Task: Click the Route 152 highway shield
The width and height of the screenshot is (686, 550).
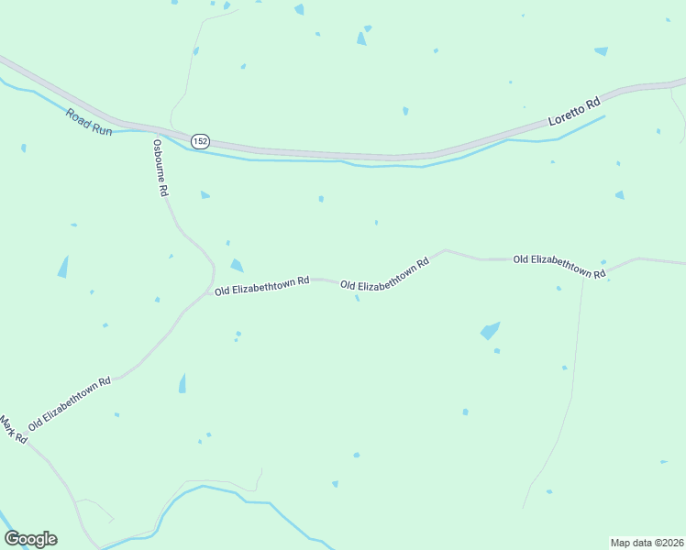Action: pos(200,141)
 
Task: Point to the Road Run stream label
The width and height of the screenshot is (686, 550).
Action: pos(88,123)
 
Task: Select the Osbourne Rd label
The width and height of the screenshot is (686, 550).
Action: pos(160,169)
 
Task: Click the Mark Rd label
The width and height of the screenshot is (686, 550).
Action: pos(13,430)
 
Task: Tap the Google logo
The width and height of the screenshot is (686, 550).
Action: pos(30,539)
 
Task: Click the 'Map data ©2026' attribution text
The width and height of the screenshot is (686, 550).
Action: pos(647,542)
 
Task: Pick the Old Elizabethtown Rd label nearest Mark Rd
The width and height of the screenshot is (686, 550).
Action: pos(70,403)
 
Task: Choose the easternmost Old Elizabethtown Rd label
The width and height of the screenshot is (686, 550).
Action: pos(559,266)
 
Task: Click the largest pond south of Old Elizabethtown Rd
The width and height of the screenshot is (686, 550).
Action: pos(491,330)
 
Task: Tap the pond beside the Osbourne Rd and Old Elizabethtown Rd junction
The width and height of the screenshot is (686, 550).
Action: pos(237,266)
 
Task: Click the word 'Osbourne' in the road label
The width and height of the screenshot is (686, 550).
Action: pos(159,159)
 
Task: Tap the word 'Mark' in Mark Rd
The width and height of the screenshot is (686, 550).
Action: pos(7,425)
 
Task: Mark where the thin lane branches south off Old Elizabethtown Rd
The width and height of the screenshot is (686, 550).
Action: pos(584,273)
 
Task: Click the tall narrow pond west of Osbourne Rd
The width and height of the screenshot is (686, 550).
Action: pos(63,267)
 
